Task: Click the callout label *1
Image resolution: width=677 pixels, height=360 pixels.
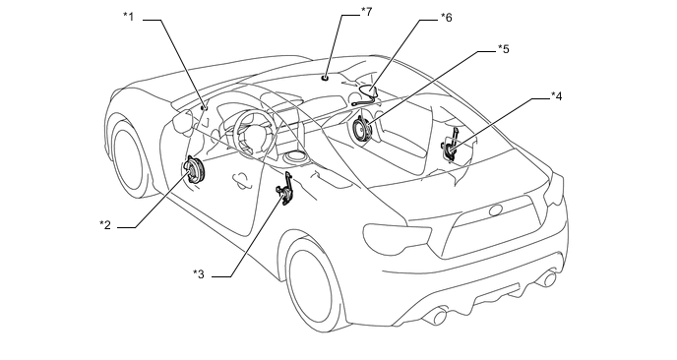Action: [x=128, y=17]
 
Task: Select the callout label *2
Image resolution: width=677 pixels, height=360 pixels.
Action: [x=105, y=225]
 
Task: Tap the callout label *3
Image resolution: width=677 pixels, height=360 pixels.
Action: [x=198, y=273]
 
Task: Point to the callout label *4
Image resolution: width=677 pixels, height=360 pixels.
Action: [x=557, y=96]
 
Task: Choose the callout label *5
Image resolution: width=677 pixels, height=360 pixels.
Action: [x=504, y=49]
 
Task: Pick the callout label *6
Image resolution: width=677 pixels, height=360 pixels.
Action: [x=446, y=18]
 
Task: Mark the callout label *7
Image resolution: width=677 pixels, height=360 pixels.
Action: [x=366, y=12]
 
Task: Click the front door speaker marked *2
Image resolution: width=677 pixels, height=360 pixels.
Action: [x=194, y=171]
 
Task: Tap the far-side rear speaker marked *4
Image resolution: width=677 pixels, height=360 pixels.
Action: [x=451, y=146]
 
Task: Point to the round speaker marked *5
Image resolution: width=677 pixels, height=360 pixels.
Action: [x=360, y=129]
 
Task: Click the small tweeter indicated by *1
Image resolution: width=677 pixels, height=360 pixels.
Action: [x=204, y=107]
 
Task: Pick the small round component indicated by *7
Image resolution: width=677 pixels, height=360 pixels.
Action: [x=325, y=78]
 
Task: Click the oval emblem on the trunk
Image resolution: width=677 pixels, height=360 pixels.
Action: [x=496, y=210]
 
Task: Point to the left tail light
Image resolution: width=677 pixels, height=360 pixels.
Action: [x=398, y=237]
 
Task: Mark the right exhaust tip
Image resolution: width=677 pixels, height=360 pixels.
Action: [x=549, y=279]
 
